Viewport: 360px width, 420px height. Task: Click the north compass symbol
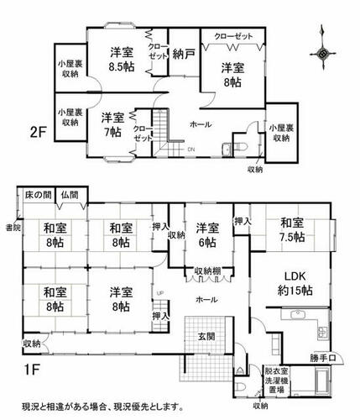pyautogui.click(x=323, y=53)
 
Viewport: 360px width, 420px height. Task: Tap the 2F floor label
pyautogui.click(x=38, y=133)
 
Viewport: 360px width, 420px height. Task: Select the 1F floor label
pyautogui.click(x=30, y=370)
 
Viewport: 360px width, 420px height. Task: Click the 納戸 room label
pyautogui.click(x=184, y=54)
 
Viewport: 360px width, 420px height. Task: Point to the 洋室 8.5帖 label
pyautogui.click(x=122, y=60)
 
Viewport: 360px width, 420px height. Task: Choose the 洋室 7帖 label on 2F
pyautogui.click(x=112, y=125)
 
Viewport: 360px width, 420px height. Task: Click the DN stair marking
pyautogui.click(x=191, y=150)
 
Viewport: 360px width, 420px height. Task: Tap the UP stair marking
pyautogui.click(x=160, y=293)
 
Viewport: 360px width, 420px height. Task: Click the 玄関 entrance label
pyautogui.click(x=206, y=336)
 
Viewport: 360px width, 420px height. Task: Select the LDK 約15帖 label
pyautogui.click(x=295, y=283)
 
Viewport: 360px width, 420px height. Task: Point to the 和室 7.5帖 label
pyautogui.click(x=292, y=230)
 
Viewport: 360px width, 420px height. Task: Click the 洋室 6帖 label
pyautogui.click(x=207, y=235)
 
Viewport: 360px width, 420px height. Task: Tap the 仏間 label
pyautogui.click(x=70, y=194)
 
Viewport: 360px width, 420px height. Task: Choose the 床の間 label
pyautogui.click(x=38, y=195)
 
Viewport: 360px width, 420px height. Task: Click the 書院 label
pyautogui.click(x=13, y=228)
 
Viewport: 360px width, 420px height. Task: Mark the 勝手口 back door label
pyautogui.click(x=322, y=358)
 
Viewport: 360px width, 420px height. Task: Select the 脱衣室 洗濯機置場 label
pyautogui.click(x=277, y=381)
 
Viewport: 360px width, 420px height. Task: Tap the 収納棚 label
pyautogui.click(x=207, y=271)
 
